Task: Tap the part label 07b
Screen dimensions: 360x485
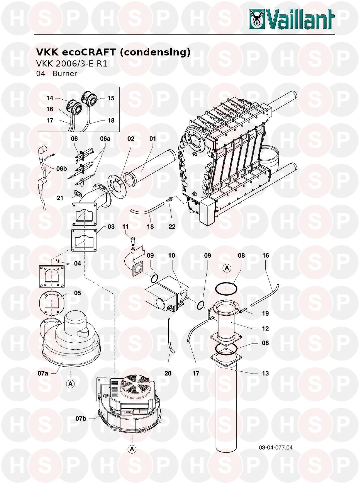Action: (81, 418)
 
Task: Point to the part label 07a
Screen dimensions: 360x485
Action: (43, 373)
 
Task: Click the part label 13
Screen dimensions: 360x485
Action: (265, 373)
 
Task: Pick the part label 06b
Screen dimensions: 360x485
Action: (62, 169)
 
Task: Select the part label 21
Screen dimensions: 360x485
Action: (60, 198)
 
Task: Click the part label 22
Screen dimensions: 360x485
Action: (172, 227)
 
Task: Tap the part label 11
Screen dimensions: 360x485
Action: (126, 227)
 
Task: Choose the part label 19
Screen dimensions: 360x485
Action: (265, 313)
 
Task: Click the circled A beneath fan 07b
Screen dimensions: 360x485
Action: (132, 449)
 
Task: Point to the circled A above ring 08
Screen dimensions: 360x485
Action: (227, 268)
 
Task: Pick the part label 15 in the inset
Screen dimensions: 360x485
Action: (111, 98)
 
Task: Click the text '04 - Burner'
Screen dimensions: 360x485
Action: (56, 73)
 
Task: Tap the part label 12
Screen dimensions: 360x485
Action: (265, 328)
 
